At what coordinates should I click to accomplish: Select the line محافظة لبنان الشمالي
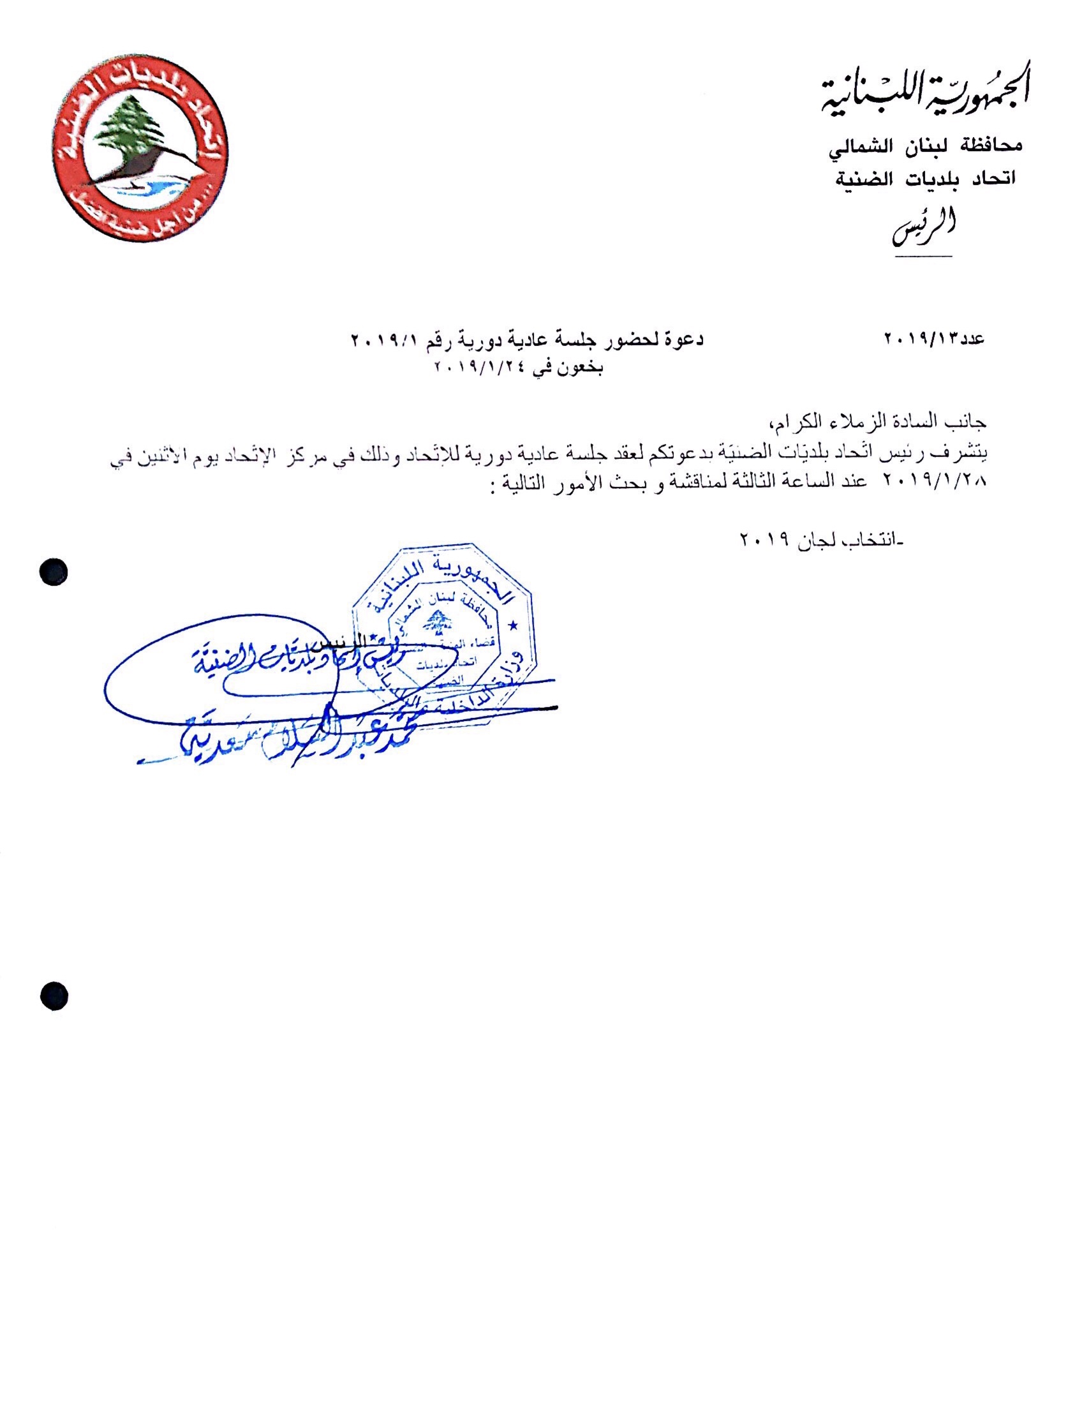click(924, 146)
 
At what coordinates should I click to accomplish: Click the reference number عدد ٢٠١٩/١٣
click(935, 338)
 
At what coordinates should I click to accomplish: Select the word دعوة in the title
click(683, 338)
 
